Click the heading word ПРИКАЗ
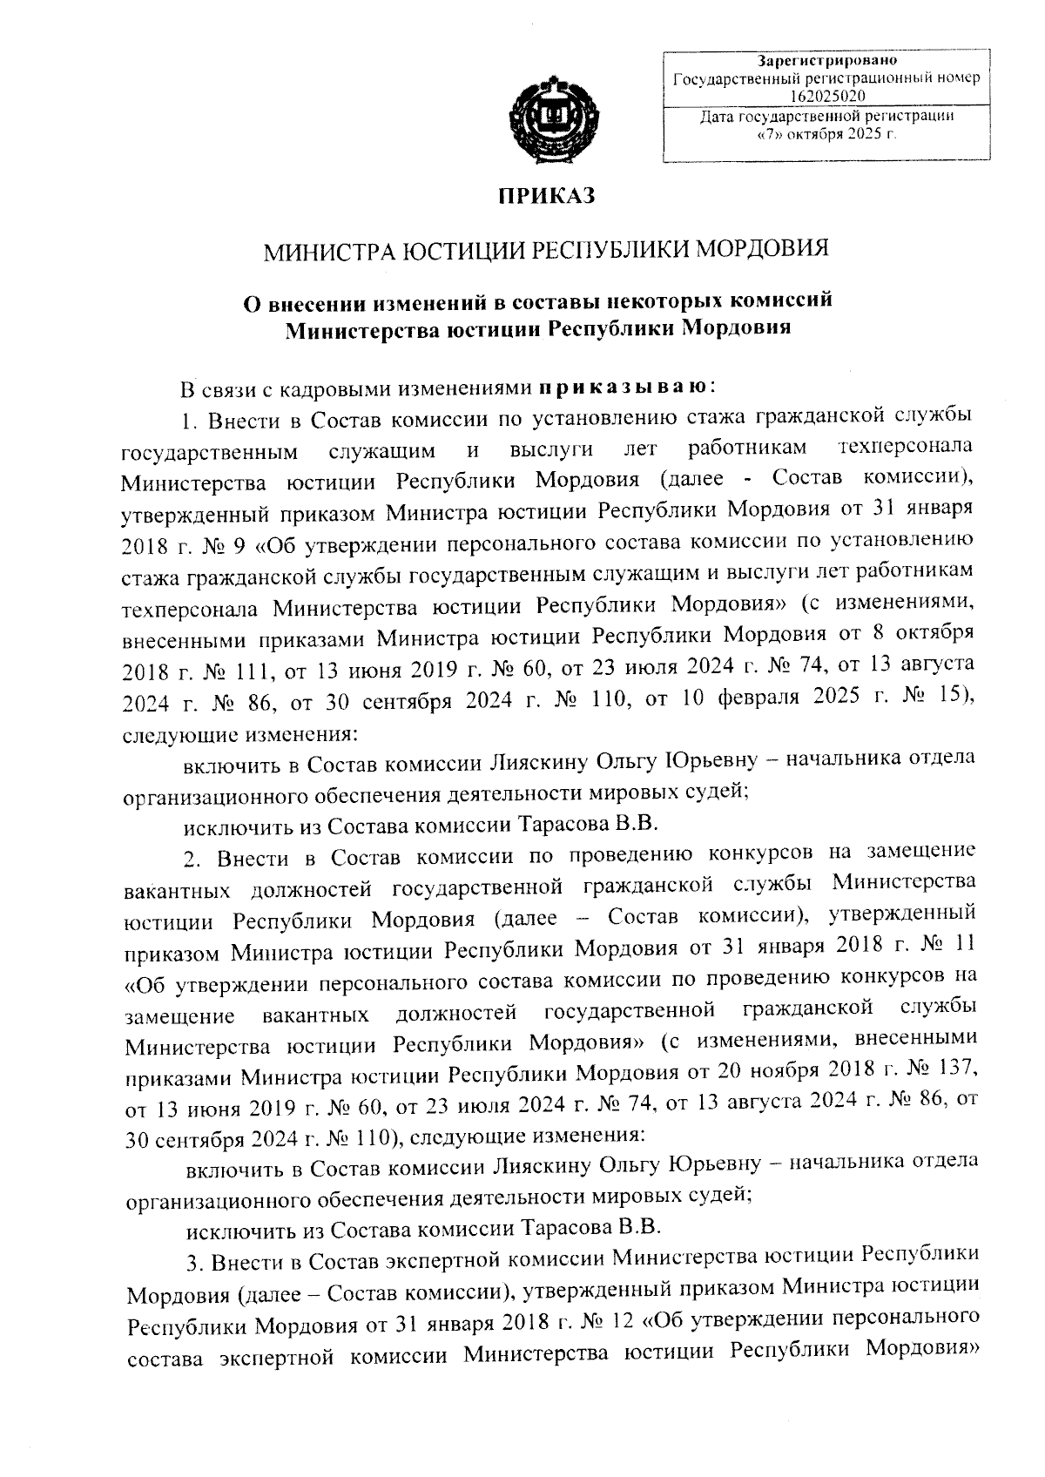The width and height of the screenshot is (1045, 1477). [545, 197]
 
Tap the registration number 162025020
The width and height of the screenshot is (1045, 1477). [827, 94]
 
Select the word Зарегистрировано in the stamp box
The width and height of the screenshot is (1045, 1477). [827, 61]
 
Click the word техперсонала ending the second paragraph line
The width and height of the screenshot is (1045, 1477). [903, 448]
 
